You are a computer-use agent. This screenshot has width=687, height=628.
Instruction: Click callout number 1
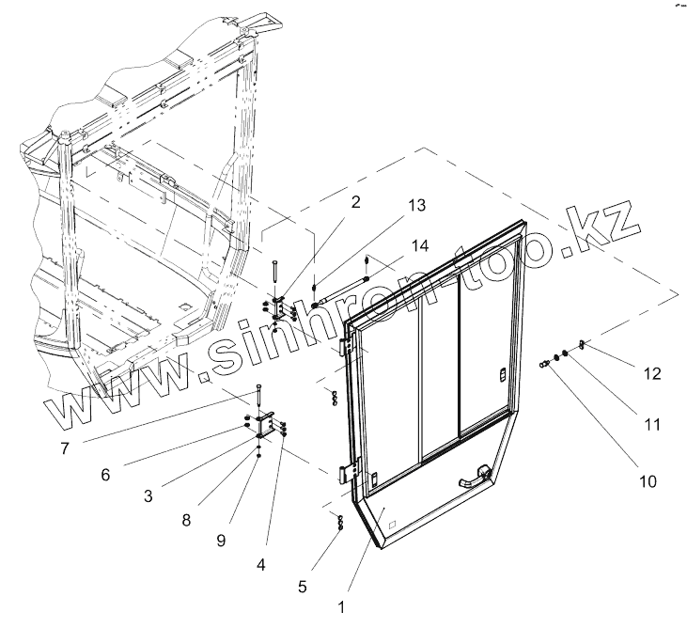click(x=341, y=607)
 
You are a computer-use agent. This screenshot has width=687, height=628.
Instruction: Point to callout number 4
click(x=261, y=565)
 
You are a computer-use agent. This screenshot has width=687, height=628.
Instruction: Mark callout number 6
click(x=105, y=475)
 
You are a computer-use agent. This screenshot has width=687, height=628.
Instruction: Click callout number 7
click(x=64, y=447)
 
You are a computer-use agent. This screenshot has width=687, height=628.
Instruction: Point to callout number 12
click(x=651, y=373)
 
